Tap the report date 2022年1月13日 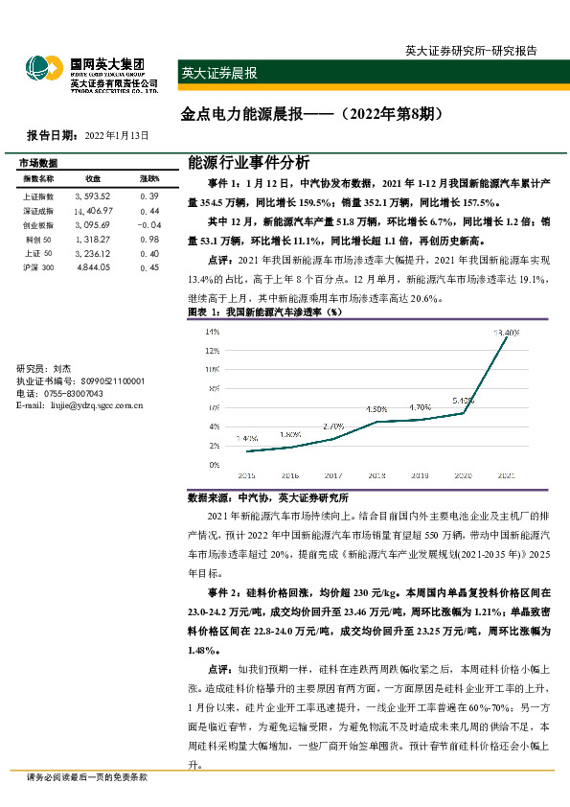point(117,135)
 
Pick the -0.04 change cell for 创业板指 point(148,224)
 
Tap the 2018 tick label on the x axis point(376,474)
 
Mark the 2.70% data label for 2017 point(333,426)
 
